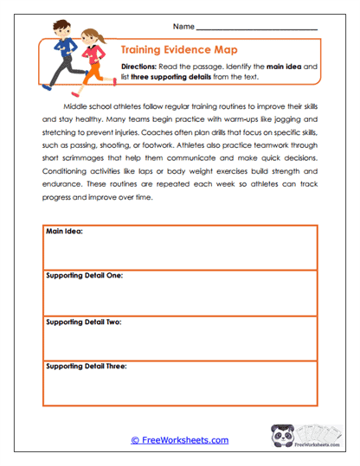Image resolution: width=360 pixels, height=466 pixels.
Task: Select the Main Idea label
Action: click(x=64, y=231)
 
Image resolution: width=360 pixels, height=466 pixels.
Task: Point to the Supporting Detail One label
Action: click(x=84, y=276)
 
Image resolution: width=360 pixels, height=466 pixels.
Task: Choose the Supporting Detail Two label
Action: click(x=83, y=321)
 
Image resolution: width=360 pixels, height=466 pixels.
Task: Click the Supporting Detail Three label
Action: click(x=86, y=366)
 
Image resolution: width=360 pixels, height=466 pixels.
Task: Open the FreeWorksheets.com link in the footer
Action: click(x=179, y=440)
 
